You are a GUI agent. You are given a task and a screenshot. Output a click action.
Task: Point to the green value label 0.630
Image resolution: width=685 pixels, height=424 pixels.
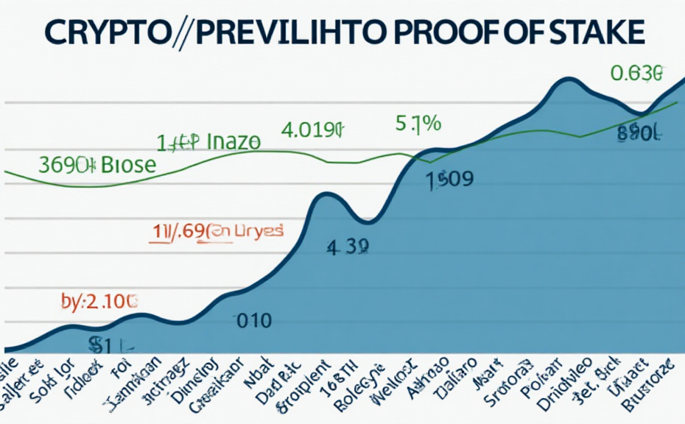(x=637, y=74)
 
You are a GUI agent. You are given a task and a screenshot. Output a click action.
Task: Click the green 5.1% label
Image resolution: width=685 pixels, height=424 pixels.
(x=418, y=124)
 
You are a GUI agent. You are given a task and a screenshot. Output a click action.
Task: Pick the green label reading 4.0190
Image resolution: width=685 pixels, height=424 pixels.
(x=312, y=131)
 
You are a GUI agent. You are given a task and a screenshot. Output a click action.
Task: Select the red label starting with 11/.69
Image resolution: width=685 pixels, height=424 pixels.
(x=217, y=231)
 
